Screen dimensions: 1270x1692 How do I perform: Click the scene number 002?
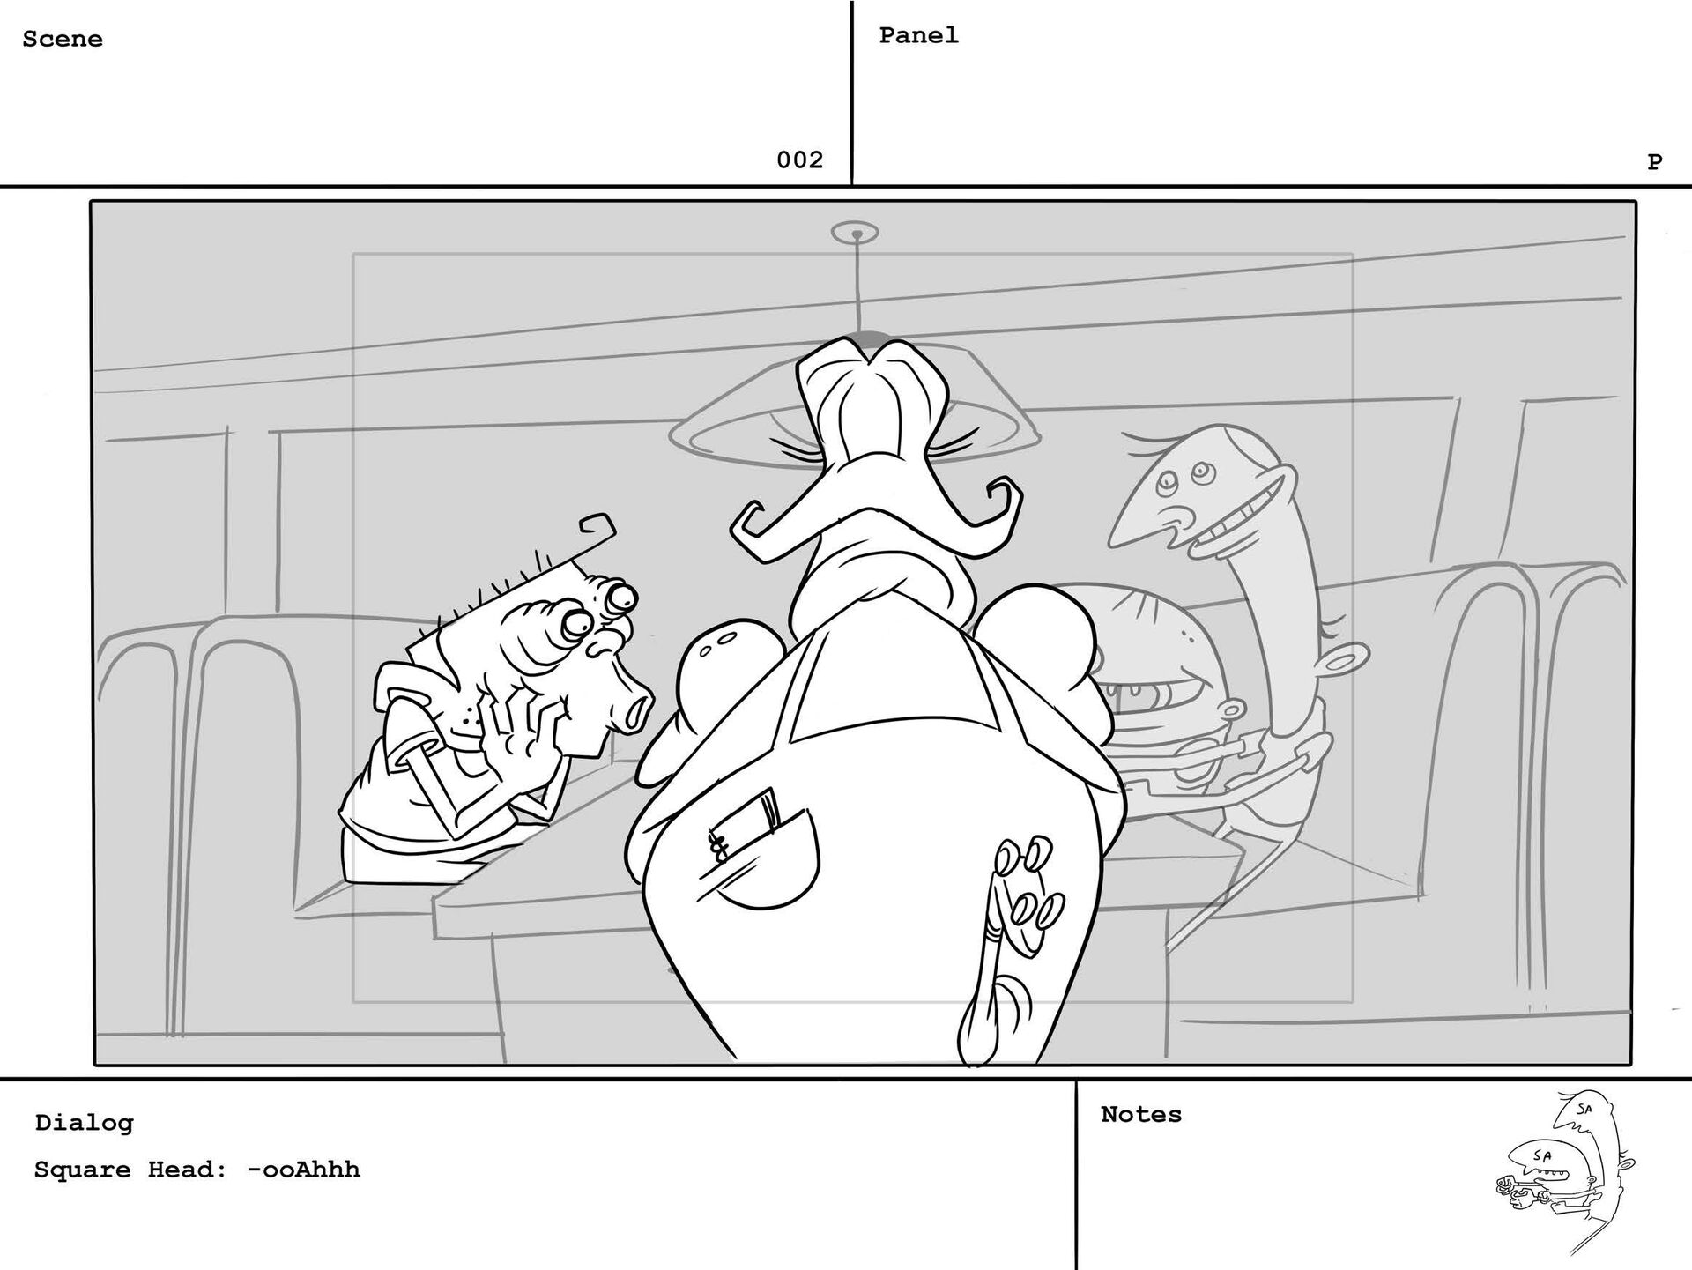(x=799, y=160)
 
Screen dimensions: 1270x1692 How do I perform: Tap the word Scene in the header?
(x=63, y=39)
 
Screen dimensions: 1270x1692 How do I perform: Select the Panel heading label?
(x=918, y=35)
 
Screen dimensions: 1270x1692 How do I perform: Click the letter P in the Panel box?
(x=1654, y=161)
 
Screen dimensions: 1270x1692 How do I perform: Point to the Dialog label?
(x=84, y=1123)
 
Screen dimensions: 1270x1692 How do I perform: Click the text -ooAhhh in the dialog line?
(x=303, y=1170)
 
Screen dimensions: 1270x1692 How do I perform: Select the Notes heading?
(x=1140, y=1114)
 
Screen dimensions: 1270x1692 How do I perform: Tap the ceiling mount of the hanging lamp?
(x=855, y=234)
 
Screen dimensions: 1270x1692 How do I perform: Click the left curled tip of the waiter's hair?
(x=747, y=527)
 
